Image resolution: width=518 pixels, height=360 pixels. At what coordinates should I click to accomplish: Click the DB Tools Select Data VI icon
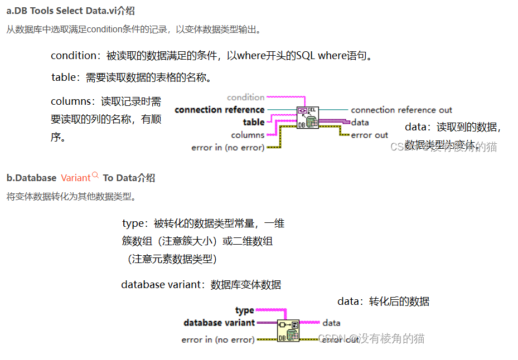(x=307, y=118)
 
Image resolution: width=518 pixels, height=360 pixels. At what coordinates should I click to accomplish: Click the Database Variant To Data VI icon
(x=288, y=330)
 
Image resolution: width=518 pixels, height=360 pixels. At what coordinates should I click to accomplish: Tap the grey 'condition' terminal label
(x=245, y=98)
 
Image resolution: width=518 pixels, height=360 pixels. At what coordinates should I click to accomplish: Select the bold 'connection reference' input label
(x=219, y=110)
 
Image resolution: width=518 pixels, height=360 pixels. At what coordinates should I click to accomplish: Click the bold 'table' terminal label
(x=253, y=122)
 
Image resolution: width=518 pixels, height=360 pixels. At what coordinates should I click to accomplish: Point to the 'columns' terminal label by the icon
(x=248, y=135)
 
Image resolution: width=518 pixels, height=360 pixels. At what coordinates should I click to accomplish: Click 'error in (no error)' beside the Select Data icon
(x=228, y=148)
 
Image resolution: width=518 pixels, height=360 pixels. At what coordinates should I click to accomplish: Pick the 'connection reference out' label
(x=401, y=110)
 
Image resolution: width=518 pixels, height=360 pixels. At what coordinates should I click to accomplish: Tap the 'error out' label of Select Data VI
(x=369, y=135)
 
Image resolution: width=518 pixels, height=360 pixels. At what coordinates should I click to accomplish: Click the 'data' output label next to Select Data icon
(x=360, y=123)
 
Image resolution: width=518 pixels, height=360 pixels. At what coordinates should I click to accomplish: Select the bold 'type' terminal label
(x=244, y=310)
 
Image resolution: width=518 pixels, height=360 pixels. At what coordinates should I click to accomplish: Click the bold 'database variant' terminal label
(x=219, y=323)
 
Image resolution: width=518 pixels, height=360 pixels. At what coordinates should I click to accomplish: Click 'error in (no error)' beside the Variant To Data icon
(x=218, y=339)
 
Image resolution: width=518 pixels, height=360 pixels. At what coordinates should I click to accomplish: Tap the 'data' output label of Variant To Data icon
(x=331, y=323)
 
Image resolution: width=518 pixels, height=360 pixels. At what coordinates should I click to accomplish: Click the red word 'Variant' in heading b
(x=75, y=178)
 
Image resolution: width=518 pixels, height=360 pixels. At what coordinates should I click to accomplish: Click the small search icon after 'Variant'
(x=95, y=176)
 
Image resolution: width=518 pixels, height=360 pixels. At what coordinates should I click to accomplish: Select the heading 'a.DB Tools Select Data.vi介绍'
(x=70, y=11)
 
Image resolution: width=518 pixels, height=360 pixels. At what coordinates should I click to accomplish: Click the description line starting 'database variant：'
(x=201, y=285)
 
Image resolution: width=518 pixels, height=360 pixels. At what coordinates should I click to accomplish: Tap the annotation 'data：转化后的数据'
(x=383, y=301)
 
